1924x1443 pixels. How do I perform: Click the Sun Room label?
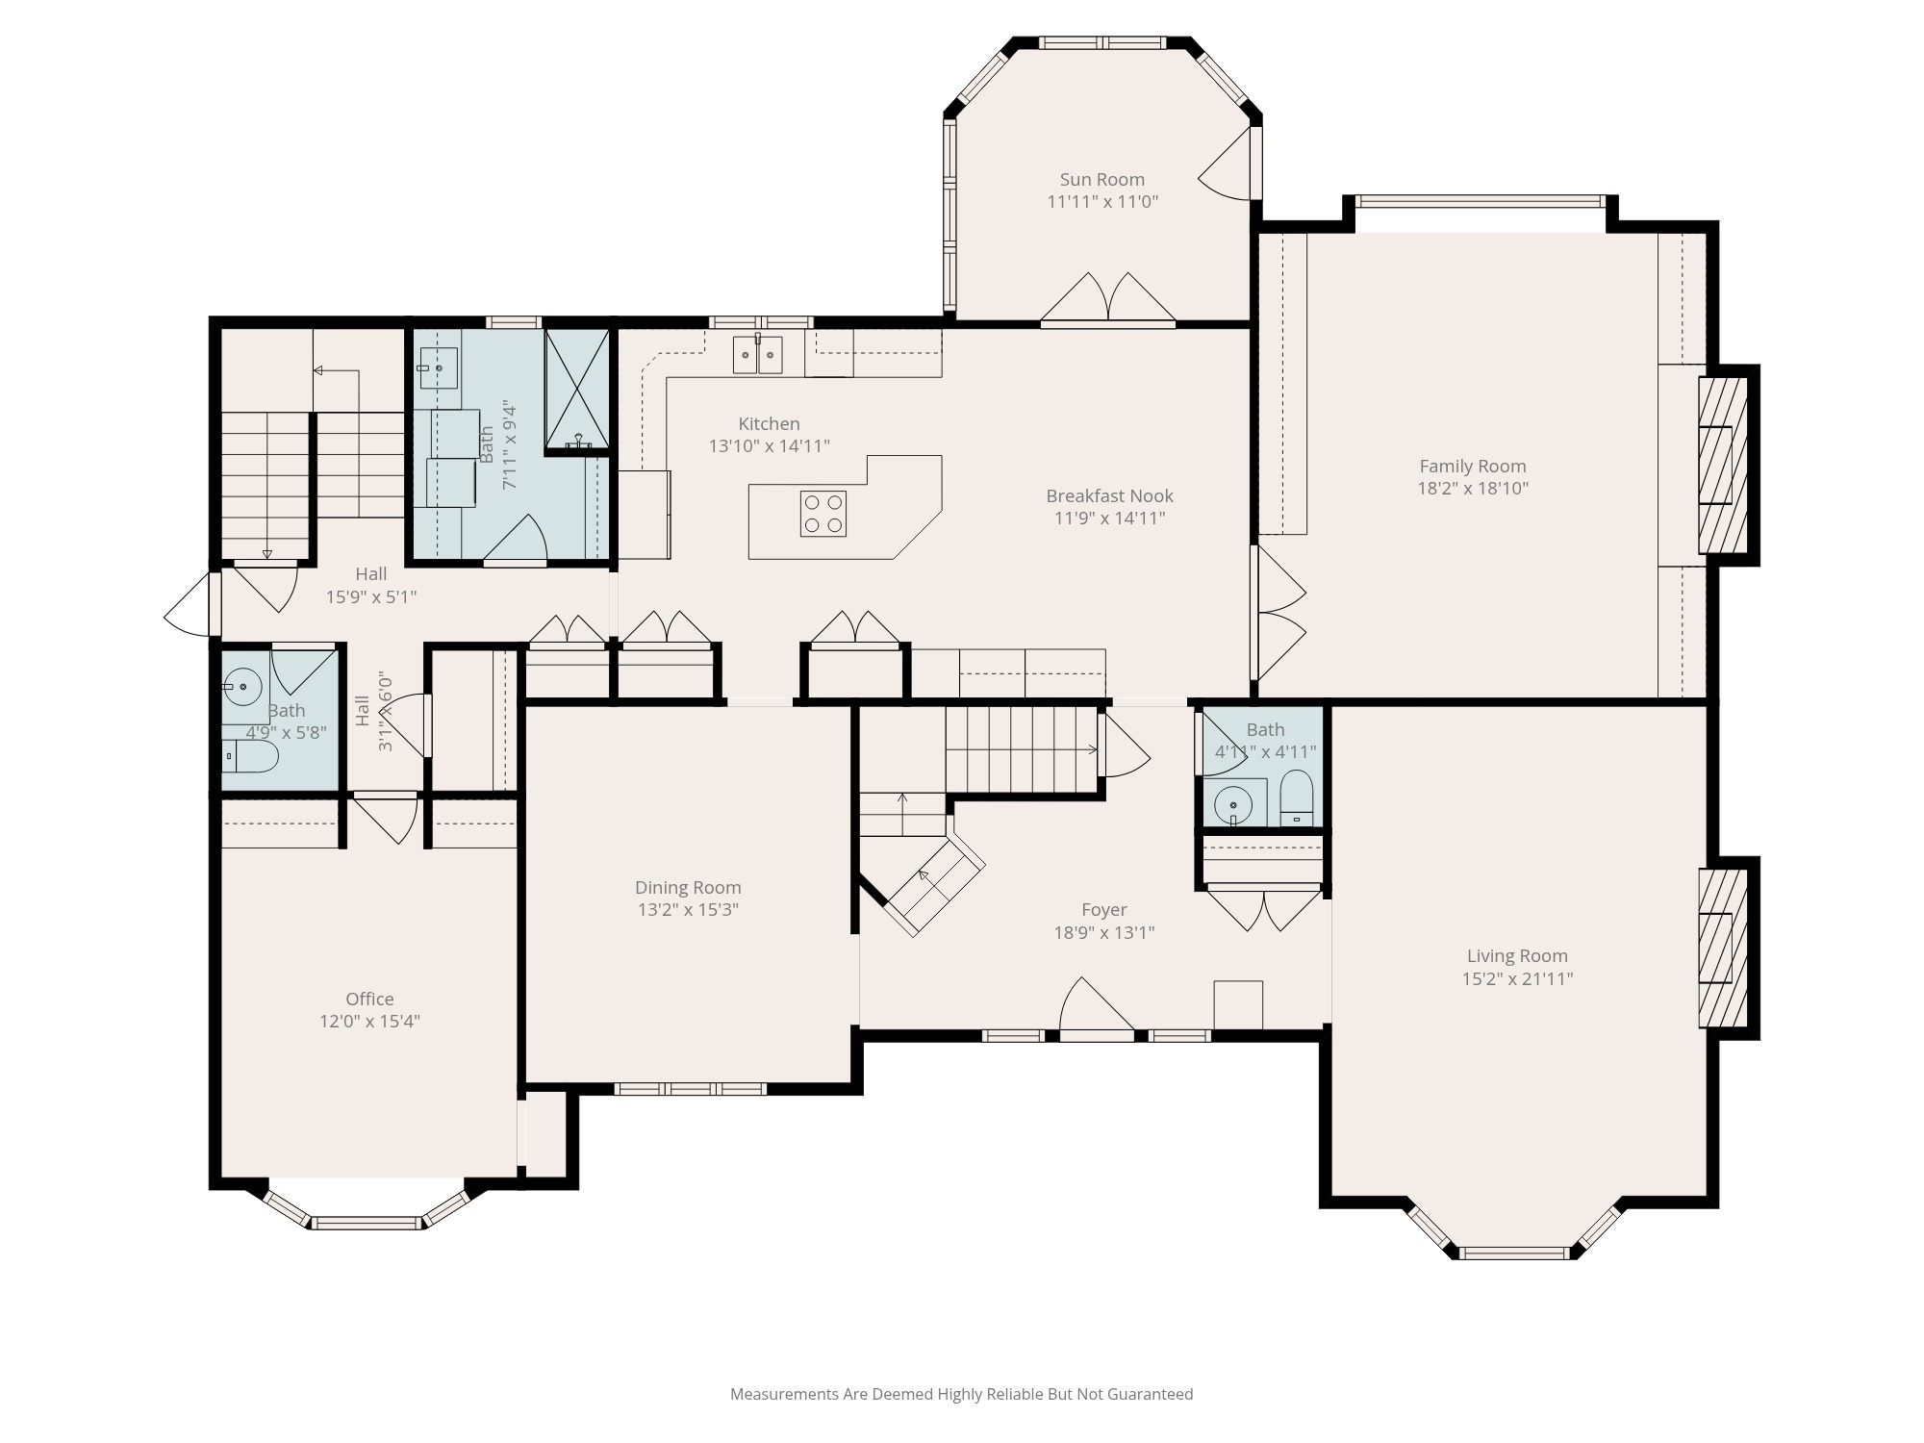[1101, 180]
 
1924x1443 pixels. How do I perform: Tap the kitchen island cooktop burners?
[823, 514]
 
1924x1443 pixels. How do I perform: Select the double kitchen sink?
[757, 355]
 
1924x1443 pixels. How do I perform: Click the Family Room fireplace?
[1722, 465]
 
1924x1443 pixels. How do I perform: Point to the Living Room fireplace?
[1722, 949]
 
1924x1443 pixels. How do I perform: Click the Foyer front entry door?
[1096, 1010]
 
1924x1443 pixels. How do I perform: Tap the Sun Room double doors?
[1108, 300]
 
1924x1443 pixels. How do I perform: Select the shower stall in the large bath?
[577, 390]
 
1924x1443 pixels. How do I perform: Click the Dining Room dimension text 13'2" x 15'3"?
[687, 910]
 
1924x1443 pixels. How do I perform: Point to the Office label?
[369, 1000]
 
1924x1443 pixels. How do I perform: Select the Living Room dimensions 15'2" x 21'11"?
[1517, 979]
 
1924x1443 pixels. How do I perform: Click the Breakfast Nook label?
[1109, 496]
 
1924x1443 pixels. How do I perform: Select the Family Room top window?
[1480, 202]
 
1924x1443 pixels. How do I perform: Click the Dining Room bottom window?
[690, 1089]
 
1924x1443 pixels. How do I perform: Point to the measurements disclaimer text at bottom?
[961, 1394]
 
